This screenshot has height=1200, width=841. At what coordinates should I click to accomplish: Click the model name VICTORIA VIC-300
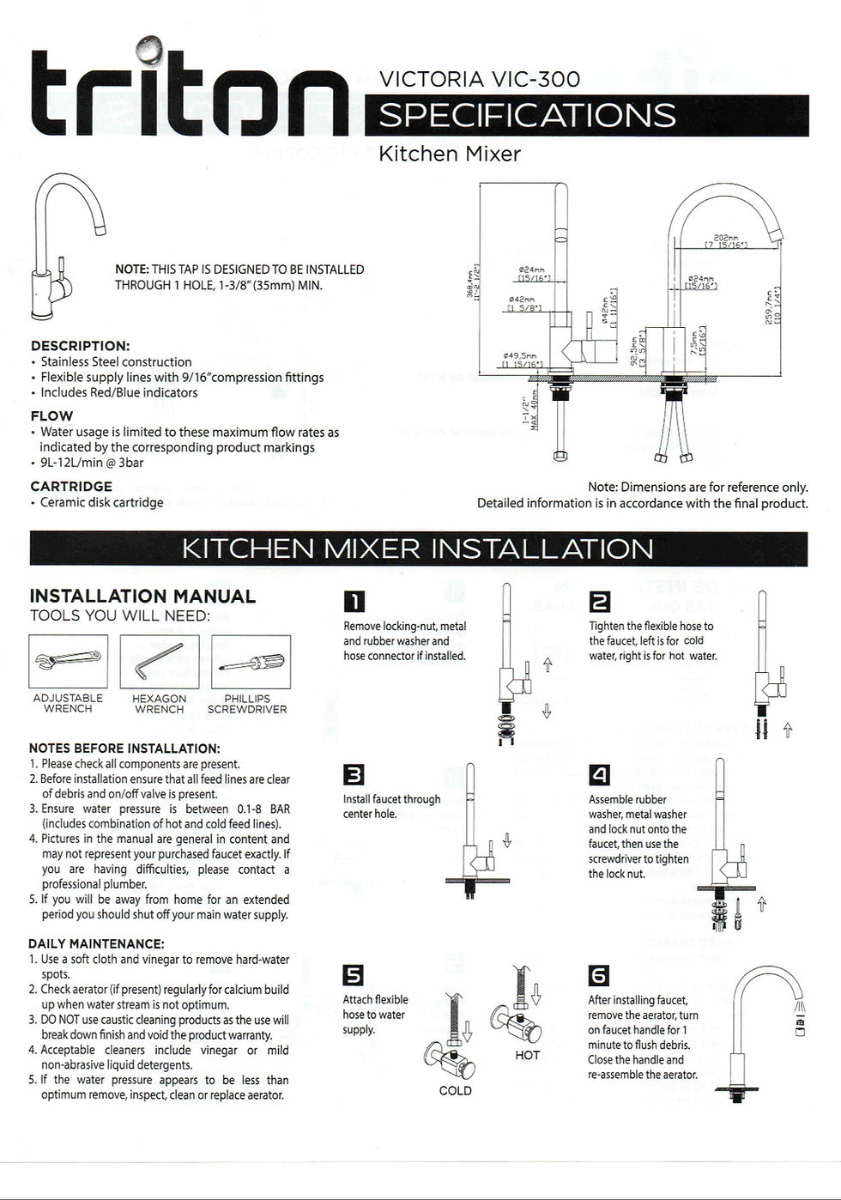[479, 80]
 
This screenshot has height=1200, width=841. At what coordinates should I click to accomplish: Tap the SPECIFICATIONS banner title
[527, 116]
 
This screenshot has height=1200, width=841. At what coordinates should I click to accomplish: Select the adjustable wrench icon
[69, 661]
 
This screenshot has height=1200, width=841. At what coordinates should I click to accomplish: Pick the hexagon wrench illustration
[160, 661]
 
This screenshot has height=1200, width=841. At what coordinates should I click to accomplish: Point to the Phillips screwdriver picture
[251, 661]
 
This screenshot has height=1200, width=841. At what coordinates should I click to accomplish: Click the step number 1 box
[354, 603]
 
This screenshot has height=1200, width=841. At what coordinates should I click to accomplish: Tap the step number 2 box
[600, 603]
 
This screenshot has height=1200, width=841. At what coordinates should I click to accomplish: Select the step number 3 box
[354, 775]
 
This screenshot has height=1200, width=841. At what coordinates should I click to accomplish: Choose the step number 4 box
[600, 775]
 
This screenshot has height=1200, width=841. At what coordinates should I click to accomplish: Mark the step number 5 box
[354, 975]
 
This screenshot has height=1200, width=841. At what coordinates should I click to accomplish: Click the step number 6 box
[599, 975]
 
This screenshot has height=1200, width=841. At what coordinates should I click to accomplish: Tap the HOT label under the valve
[528, 1055]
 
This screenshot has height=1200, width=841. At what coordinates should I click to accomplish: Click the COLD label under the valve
[456, 1091]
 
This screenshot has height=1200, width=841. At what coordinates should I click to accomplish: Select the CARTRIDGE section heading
[71, 487]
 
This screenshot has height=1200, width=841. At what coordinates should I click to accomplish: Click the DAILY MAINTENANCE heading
[96, 944]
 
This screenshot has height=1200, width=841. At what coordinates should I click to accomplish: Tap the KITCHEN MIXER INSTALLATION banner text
[418, 549]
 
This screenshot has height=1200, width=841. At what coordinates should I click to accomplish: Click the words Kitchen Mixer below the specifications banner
[450, 155]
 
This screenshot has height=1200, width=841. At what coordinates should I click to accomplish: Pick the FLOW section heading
[51, 416]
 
